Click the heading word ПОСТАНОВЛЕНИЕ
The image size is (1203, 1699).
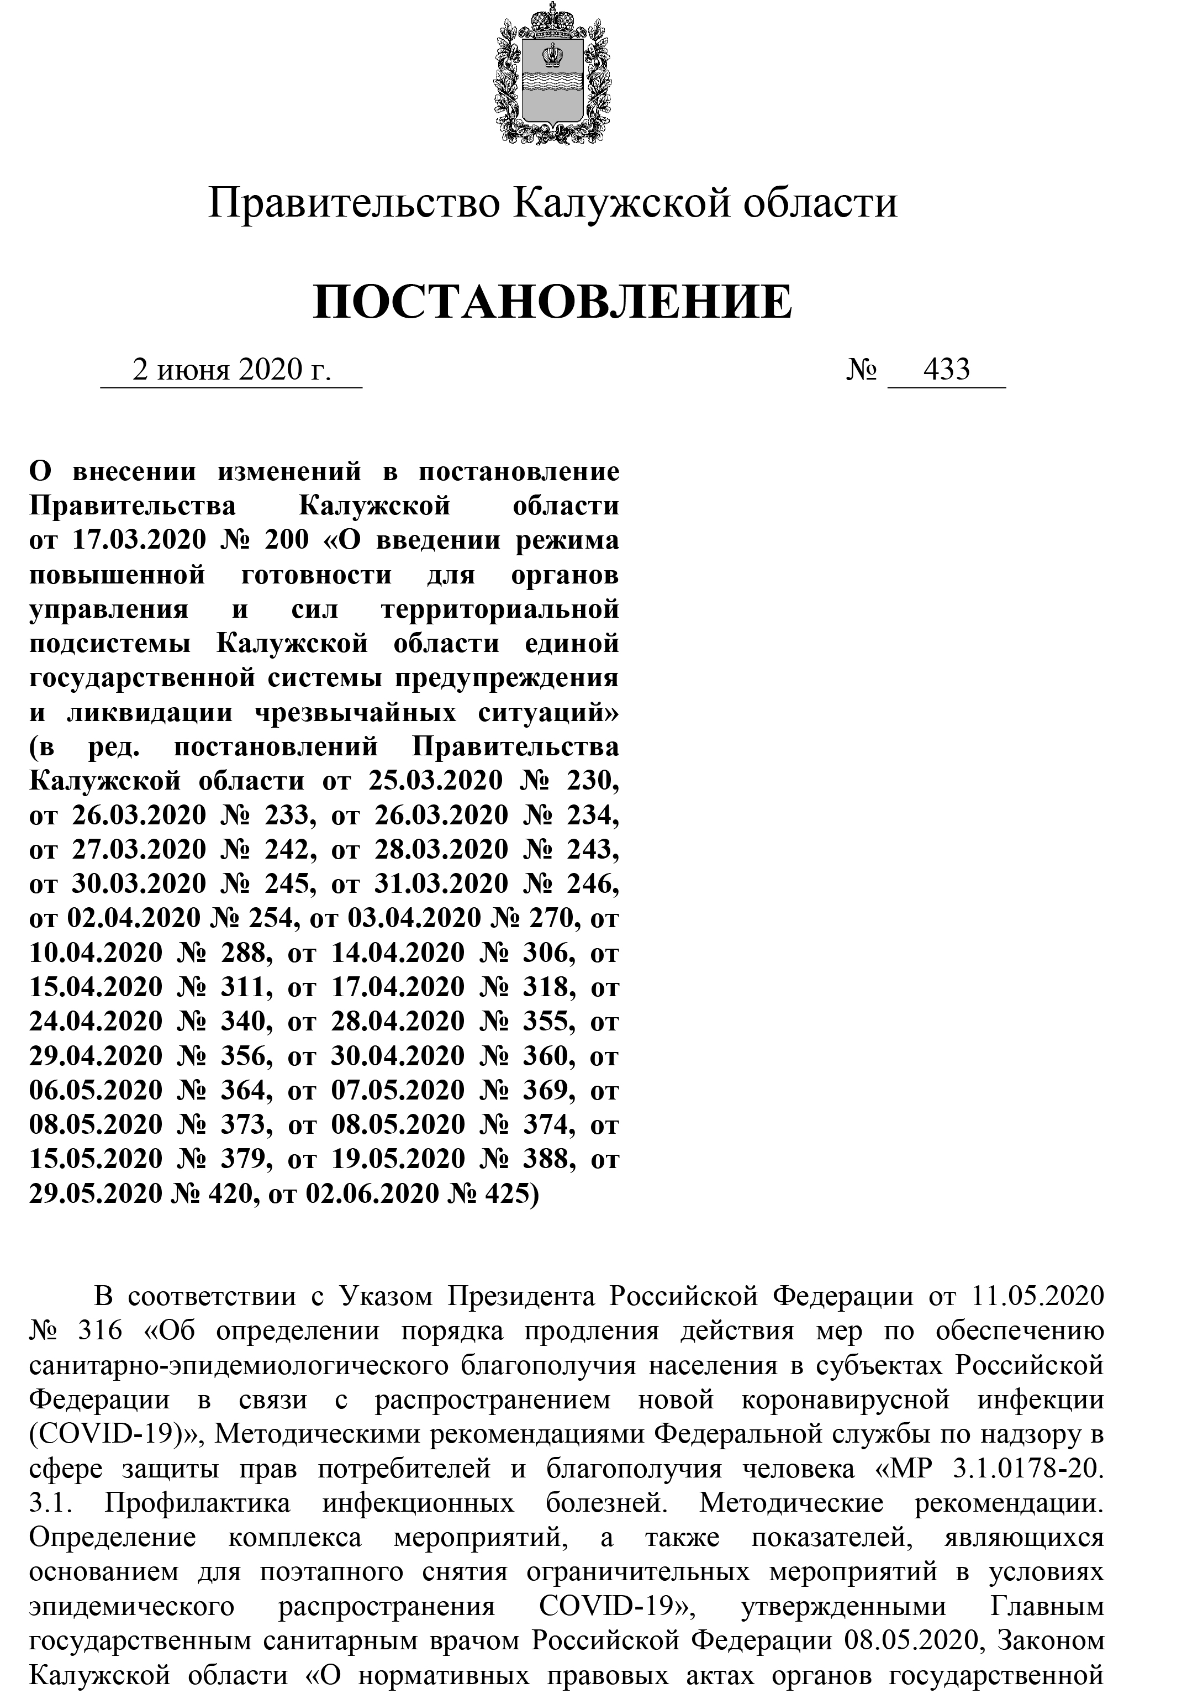(x=552, y=302)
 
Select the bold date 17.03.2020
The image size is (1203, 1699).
(x=139, y=540)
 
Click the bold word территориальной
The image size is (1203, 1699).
(x=500, y=609)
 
